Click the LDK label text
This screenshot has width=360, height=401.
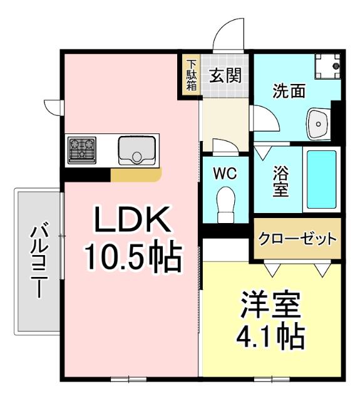click(x=131, y=220)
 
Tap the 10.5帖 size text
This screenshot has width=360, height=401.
click(x=132, y=255)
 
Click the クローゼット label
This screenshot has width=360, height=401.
click(x=297, y=239)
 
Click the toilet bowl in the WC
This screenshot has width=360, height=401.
click(x=224, y=203)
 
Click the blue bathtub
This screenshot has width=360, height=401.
click(x=322, y=179)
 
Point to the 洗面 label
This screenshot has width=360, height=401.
click(x=288, y=91)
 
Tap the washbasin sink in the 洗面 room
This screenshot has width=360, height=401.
click(x=320, y=123)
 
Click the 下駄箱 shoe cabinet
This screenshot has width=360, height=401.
click(x=191, y=75)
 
